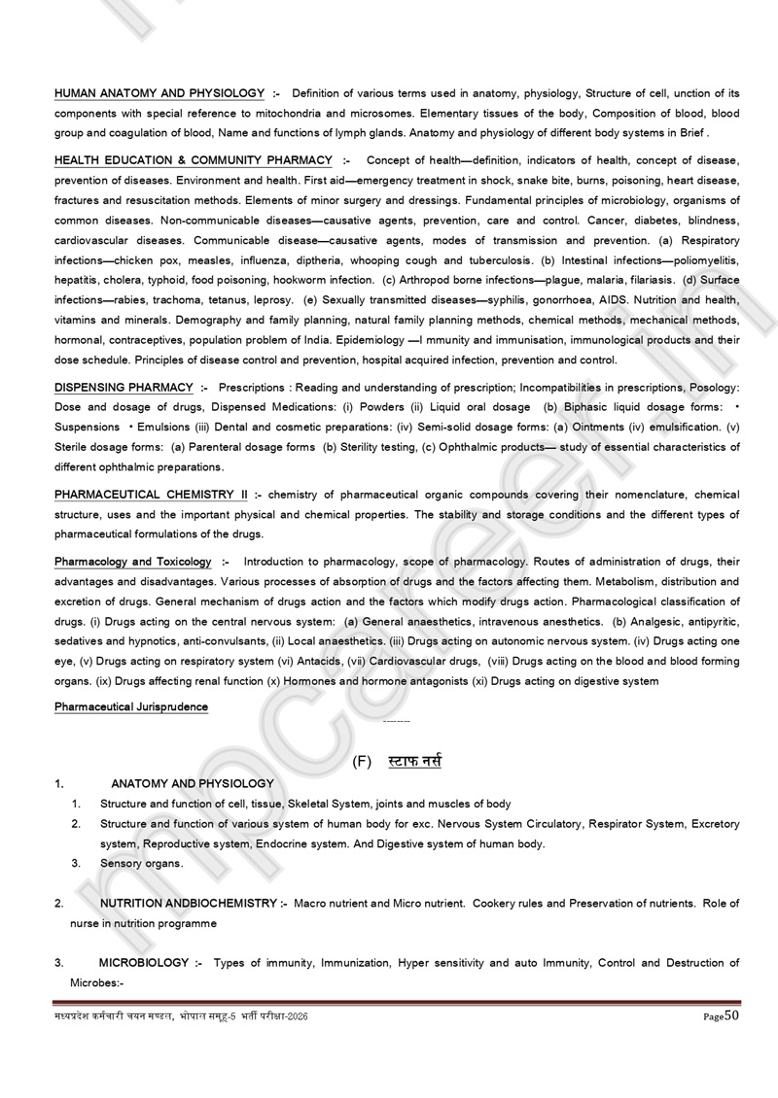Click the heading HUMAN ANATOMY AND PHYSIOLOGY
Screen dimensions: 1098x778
click(x=159, y=93)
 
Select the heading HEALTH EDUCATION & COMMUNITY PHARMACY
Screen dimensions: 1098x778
click(x=192, y=159)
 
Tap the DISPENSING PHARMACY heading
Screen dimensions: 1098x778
click(x=124, y=388)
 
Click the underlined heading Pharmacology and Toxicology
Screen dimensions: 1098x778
click(x=133, y=562)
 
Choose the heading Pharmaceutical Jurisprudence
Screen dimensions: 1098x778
click(x=131, y=706)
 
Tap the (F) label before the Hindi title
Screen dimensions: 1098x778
click(x=363, y=762)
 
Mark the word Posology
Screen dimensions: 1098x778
click(x=714, y=388)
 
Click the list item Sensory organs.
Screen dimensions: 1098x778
click(x=141, y=863)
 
